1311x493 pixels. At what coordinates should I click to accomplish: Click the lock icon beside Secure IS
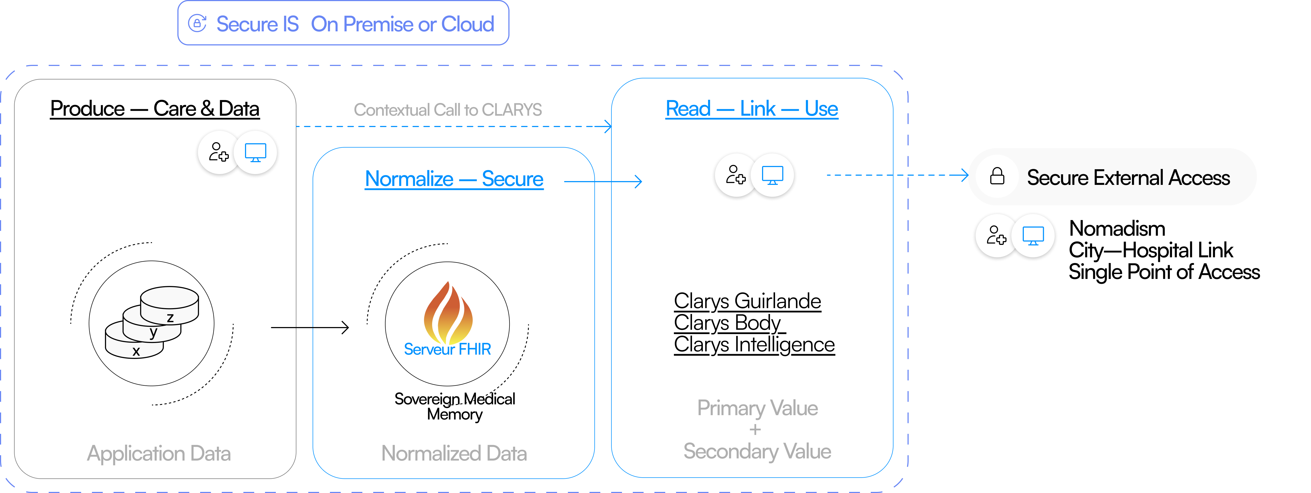pos(197,24)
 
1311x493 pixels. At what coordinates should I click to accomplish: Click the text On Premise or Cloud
pos(402,24)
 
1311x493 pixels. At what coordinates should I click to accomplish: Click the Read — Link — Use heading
pos(752,108)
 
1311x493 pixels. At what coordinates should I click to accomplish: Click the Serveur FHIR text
pos(447,349)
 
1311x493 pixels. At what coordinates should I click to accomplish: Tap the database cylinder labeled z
pos(170,304)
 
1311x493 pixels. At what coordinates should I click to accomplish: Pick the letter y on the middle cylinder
pos(153,333)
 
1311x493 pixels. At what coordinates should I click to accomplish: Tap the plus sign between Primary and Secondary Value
pos(755,430)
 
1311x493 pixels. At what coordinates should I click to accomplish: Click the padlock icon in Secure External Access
pos(997,176)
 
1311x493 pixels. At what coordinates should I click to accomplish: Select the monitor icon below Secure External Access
pos(1033,236)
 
